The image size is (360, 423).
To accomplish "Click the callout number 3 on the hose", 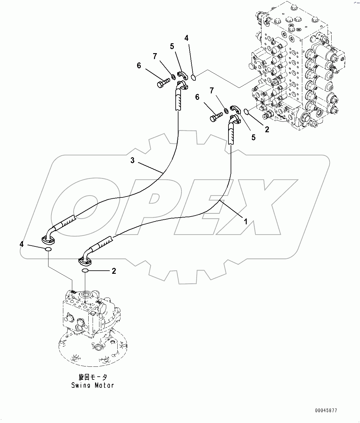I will [x=132, y=161].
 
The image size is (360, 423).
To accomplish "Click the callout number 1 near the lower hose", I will [x=246, y=221].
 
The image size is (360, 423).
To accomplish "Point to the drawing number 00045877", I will [x=326, y=410].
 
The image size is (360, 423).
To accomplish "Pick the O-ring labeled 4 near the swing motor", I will [x=48, y=249].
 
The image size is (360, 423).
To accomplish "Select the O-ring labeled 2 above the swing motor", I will [x=85, y=271].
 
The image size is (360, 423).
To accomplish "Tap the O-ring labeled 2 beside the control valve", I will [x=246, y=111].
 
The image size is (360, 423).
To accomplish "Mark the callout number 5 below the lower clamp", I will [x=253, y=137].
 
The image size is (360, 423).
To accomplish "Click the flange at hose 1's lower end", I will [x=85, y=261].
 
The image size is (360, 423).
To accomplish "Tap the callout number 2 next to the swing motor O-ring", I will [x=114, y=271].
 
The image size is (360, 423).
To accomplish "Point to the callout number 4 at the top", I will [x=186, y=38].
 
